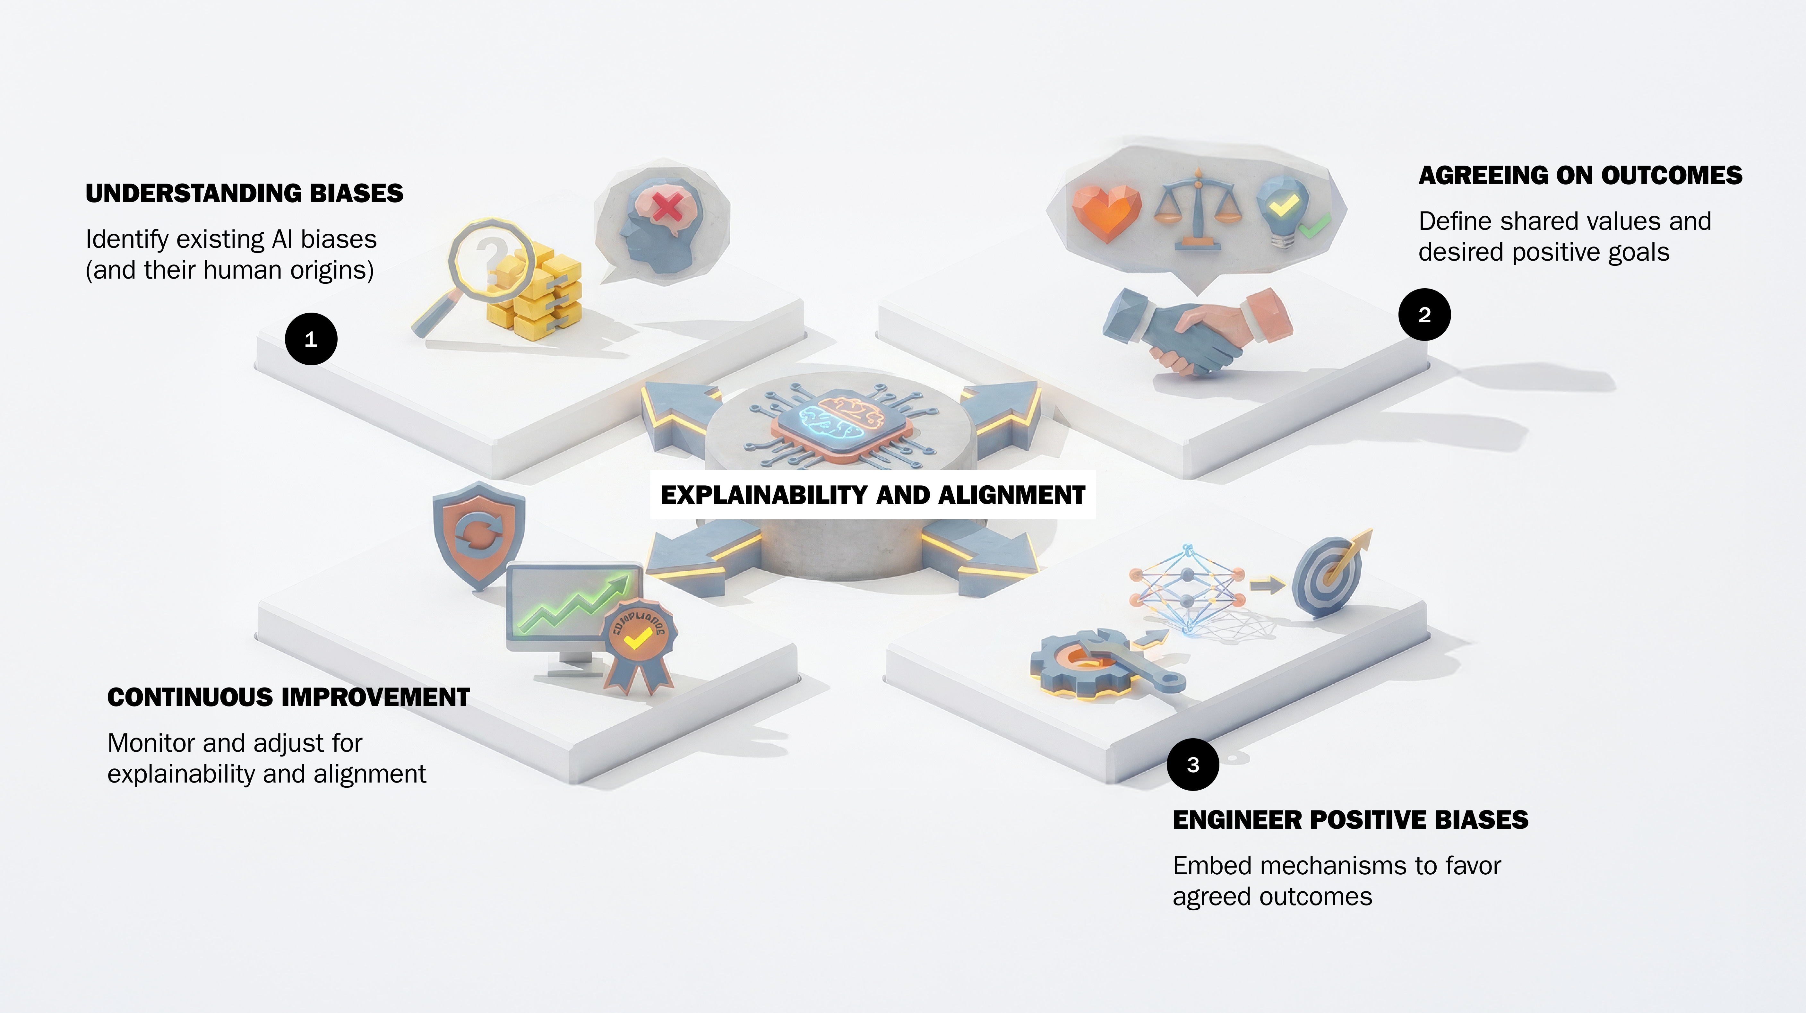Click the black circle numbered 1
[311, 339]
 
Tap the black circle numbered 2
[1424, 315]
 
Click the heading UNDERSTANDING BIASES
[244, 194]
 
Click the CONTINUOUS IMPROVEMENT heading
[288, 697]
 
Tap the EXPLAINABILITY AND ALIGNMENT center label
[873, 495]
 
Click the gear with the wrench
[1087, 662]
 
